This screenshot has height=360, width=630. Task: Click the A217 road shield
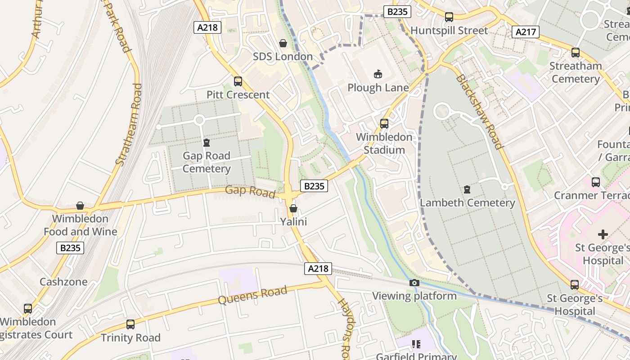click(526, 32)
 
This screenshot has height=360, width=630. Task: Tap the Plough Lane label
click(378, 88)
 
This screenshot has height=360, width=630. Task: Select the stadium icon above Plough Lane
click(378, 74)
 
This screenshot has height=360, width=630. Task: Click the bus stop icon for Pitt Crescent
click(238, 81)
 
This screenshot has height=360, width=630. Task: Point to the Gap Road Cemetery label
click(207, 162)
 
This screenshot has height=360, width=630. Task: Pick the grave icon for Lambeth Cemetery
click(467, 189)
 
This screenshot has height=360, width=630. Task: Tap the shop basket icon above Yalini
click(293, 208)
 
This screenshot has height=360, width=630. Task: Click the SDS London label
click(283, 57)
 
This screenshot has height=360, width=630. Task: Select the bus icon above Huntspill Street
click(449, 17)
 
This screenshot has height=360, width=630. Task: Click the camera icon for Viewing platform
click(414, 283)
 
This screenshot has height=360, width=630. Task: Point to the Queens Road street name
click(252, 295)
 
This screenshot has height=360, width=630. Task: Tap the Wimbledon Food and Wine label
click(80, 225)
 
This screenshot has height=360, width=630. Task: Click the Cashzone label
click(63, 282)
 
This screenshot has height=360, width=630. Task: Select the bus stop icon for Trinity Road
click(130, 324)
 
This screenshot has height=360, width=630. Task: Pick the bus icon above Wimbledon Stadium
click(384, 123)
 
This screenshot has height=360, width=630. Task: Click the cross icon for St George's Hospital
click(603, 234)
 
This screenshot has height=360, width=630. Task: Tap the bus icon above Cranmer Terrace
click(596, 182)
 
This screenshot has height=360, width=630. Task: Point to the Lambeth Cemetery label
click(467, 203)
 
